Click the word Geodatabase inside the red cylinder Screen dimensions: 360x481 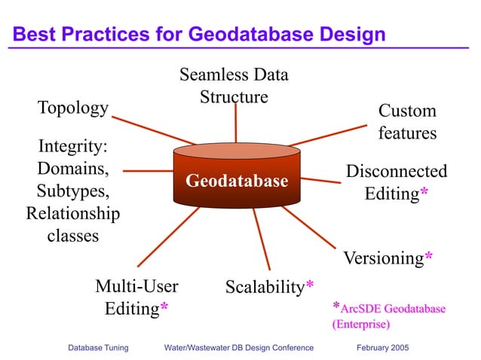point(237,182)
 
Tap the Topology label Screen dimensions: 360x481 point(73,108)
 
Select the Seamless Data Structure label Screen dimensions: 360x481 point(234,86)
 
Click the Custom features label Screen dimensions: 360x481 point(407,122)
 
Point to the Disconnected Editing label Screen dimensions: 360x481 point(396,182)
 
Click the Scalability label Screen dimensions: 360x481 point(265,286)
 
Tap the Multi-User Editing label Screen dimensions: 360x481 point(136,297)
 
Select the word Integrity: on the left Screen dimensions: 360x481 point(73,143)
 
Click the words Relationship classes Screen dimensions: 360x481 point(73,224)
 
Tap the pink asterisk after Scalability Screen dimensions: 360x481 point(309,286)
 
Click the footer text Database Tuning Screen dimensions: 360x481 point(98,348)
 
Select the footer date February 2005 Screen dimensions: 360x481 point(389,348)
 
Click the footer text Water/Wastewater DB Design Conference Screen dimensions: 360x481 point(238,348)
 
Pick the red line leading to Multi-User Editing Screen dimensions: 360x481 point(170,237)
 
